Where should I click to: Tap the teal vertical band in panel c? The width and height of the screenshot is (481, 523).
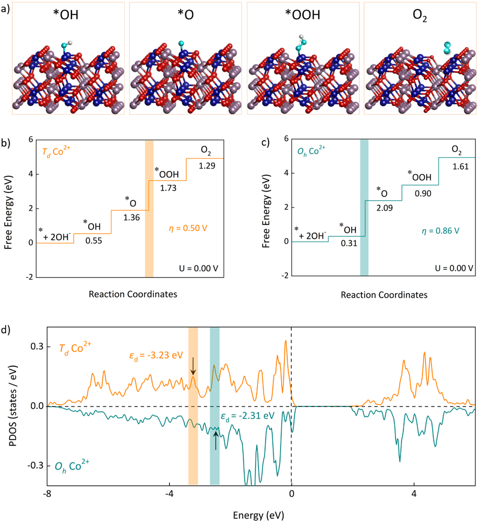tap(364, 208)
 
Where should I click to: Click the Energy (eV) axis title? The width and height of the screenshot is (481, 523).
tap(261, 512)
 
